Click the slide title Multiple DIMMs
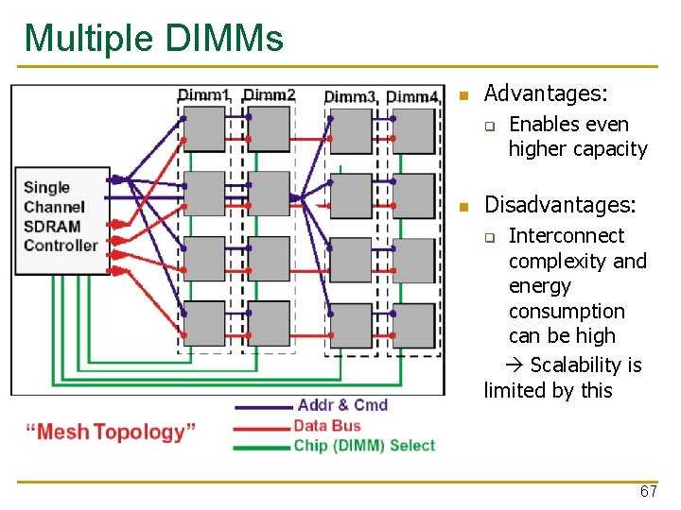coord(153,39)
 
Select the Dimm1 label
coord(203,94)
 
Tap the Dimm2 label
coord(270,94)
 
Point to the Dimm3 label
coord(351,96)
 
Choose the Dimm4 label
coord(412,96)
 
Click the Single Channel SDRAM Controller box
coord(61,218)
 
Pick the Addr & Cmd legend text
coord(342,405)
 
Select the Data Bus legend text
coord(327,426)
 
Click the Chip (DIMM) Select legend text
coord(364,446)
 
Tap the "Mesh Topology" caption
coord(111,433)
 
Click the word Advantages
coord(545,93)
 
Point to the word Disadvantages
coord(560,205)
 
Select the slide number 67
coord(648,492)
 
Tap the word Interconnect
coord(567,236)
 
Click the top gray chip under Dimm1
coord(203,128)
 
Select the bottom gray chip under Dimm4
coord(413,324)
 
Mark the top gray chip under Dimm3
coord(351,130)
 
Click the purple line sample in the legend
coord(263,406)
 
